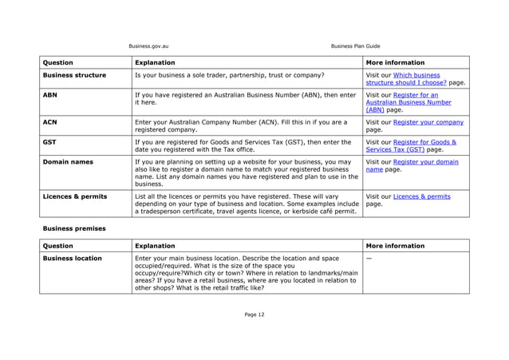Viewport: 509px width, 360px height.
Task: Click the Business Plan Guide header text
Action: click(355, 45)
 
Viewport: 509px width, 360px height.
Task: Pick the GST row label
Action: click(50, 142)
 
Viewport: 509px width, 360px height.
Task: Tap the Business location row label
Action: click(72, 259)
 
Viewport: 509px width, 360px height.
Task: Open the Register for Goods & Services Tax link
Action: click(414, 145)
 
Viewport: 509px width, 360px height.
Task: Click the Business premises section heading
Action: click(73, 228)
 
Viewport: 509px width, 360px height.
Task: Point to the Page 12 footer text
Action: click(254, 315)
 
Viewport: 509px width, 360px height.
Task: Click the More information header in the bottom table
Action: click(395, 246)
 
